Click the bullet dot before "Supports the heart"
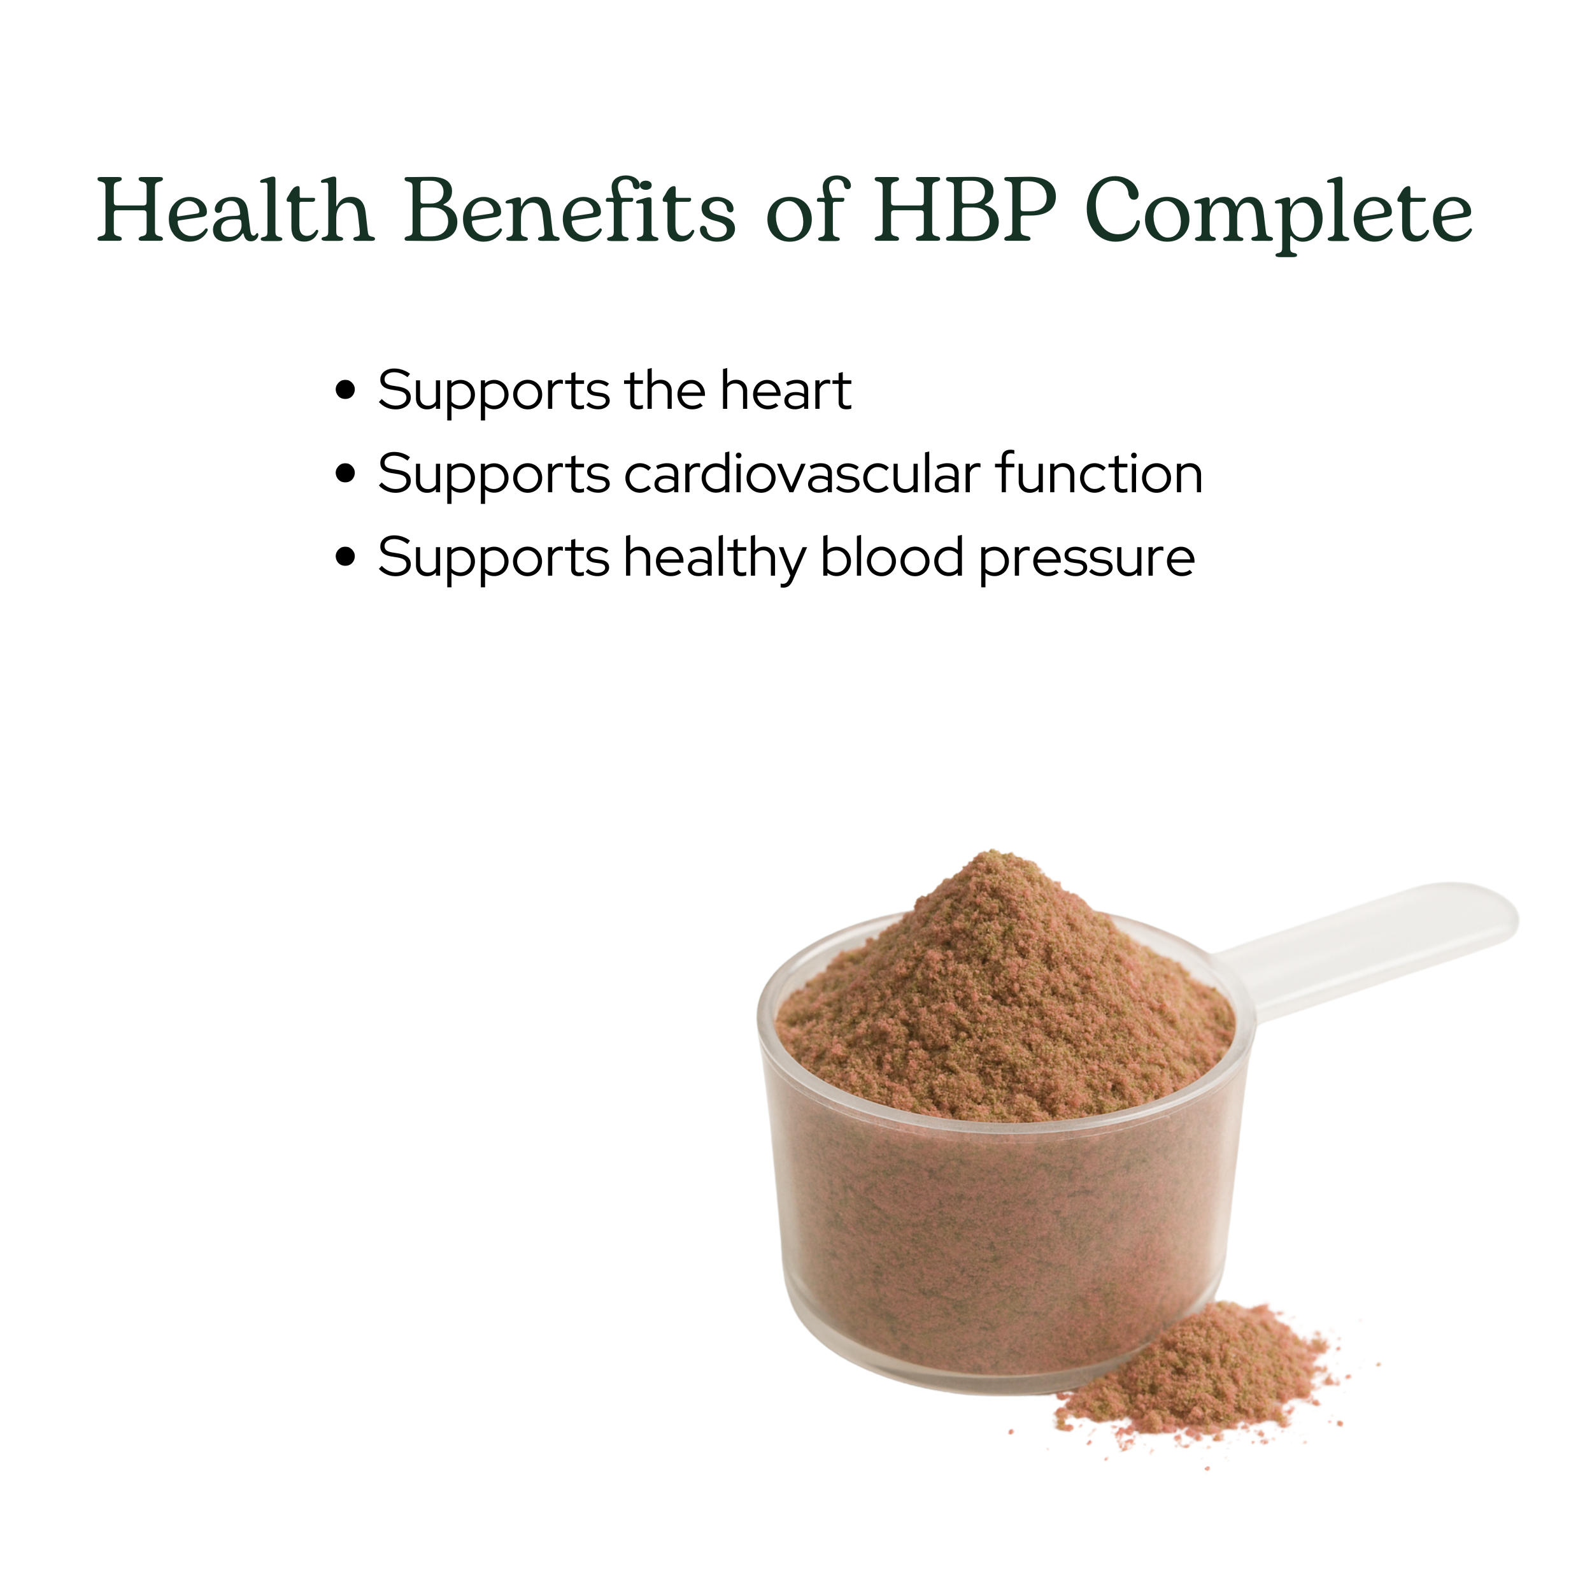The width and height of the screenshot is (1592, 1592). click(346, 390)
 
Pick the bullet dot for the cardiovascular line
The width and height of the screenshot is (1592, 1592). click(346, 474)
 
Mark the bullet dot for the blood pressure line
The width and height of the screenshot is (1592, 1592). click(346, 558)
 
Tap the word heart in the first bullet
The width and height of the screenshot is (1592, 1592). click(785, 390)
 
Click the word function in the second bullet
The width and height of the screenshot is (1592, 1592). click(1099, 474)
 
